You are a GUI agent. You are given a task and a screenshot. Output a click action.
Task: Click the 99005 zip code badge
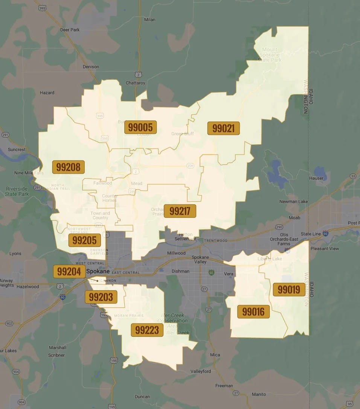(x=140, y=127)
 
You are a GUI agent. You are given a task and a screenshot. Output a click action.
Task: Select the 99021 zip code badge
(x=223, y=128)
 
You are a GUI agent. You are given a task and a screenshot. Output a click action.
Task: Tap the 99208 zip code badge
(x=69, y=167)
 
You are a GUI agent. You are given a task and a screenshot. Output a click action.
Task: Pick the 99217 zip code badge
(x=180, y=211)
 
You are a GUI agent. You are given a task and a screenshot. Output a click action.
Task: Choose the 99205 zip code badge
(x=85, y=240)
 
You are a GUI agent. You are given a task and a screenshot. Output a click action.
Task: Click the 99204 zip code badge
(x=69, y=271)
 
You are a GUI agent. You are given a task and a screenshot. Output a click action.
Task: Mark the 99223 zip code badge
(x=147, y=330)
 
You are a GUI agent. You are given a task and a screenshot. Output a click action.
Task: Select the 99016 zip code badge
(x=253, y=311)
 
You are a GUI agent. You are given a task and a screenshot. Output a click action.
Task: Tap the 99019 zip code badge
(x=289, y=289)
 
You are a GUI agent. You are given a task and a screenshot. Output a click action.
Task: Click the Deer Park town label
(x=70, y=30)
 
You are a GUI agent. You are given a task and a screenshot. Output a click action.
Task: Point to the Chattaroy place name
(x=136, y=83)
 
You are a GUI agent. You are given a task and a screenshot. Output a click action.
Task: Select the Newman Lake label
(x=293, y=202)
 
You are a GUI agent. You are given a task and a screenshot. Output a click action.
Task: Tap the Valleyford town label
(x=201, y=371)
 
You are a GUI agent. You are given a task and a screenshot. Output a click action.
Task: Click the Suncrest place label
(x=17, y=150)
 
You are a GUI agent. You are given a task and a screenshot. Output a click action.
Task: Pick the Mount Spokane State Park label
(x=270, y=55)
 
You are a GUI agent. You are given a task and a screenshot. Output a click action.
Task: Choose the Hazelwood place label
(x=28, y=287)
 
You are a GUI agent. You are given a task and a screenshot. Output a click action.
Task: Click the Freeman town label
(x=224, y=386)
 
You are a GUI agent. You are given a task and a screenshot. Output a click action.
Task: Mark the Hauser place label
(x=316, y=178)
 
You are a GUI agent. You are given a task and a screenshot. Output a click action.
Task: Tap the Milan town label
(x=150, y=20)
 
